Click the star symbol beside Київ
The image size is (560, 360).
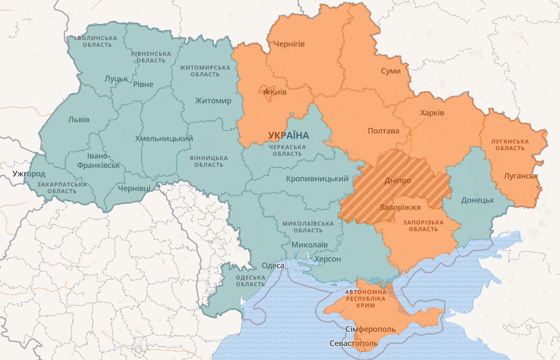pyautogui.click(x=266, y=92)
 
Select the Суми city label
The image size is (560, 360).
pyautogui.click(x=391, y=71)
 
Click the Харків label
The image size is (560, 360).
pyautogui.click(x=432, y=113)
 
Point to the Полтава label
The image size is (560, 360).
pyautogui.click(x=383, y=131)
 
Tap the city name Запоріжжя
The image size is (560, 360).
pyautogui.click(x=400, y=208)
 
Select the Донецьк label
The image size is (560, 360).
pyautogui.click(x=477, y=200)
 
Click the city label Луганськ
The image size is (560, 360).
pyautogui.click(x=521, y=176)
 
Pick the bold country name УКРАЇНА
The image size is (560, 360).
pyautogui.click(x=289, y=135)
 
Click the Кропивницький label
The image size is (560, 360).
pyautogui.click(x=317, y=179)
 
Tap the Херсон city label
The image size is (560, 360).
pyautogui.click(x=327, y=259)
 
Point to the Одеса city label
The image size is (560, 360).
pyautogui.click(x=273, y=266)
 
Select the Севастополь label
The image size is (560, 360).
pyautogui.click(x=353, y=343)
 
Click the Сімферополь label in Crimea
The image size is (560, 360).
pyautogui.click(x=371, y=330)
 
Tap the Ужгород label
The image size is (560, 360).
pyautogui.click(x=29, y=174)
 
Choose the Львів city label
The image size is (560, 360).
pyautogui.click(x=79, y=119)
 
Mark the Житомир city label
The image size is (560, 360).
pyautogui.click(x=213, y=101)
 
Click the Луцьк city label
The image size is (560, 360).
pyautogui.click(x=116, y=79)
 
